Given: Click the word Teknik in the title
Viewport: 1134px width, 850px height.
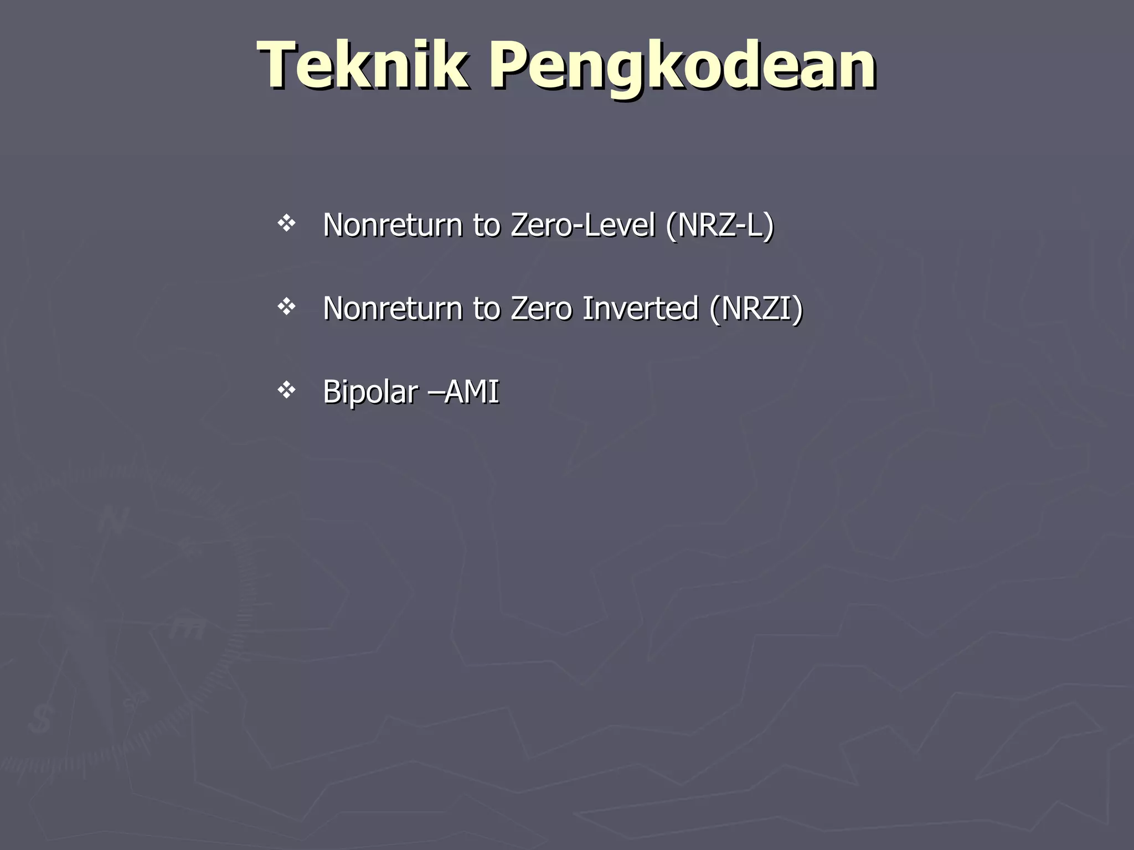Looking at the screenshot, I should (x=363, y=65).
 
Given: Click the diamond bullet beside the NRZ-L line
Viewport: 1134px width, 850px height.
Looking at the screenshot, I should (x=286, y=224).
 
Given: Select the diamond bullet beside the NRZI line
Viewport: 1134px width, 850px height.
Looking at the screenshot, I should (x=286, y=307).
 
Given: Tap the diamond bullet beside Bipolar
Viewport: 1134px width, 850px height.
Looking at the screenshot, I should (x=286, y=390).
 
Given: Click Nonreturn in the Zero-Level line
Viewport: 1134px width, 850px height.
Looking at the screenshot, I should (x=393, y=225).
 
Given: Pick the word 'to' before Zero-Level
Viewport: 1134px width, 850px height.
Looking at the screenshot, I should (x=487, y=225).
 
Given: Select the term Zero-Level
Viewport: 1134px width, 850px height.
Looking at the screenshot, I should (x=583, y=225).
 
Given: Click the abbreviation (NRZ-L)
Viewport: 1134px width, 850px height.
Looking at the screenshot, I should (x=719, y=225).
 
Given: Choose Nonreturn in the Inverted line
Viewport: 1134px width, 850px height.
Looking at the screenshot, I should (x=393, y=308).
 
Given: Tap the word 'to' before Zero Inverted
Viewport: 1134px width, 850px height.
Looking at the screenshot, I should (x=487, y=308).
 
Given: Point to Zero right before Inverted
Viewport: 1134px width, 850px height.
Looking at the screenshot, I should (x=541, y=308).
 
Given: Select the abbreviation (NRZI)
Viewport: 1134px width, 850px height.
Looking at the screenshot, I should (x=756, y=308).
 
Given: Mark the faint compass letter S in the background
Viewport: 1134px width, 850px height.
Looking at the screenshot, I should (x=41, y=719).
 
